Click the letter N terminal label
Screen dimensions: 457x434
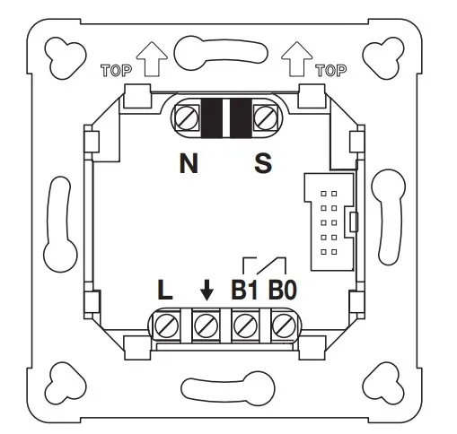coord(189,163)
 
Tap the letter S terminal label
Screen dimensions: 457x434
coord(263,163)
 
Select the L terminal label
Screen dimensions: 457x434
coord(165,290)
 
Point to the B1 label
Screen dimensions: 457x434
coord(244,290)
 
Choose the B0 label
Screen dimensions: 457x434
coord(283,290)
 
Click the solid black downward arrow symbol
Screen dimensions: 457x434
coord(207,290)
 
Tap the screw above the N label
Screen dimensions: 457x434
coord(187,117)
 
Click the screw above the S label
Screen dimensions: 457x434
coord(265,117)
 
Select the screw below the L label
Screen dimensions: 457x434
coord(167,325)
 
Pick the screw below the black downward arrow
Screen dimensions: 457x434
coord(206,325)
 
